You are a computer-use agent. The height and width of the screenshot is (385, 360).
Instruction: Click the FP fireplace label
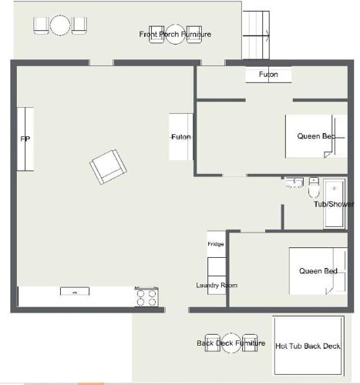click(x=25, y=139)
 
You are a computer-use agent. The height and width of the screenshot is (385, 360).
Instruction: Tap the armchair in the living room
click(x=108, y=167)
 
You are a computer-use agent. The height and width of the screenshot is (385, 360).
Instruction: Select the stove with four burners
click(x=146, y=296)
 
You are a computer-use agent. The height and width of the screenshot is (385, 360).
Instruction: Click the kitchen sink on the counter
click(x=75, y=291)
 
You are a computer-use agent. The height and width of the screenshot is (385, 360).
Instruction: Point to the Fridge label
click(x=216, y=244)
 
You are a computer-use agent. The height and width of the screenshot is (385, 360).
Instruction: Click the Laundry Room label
click(x=217, y=285)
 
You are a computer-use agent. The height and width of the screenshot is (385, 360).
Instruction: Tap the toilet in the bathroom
click(x=314, y=187)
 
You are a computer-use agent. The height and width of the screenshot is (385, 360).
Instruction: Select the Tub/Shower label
click(x=334, y=204)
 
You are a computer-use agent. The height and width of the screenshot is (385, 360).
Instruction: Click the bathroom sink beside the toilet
click(x=294, y=183)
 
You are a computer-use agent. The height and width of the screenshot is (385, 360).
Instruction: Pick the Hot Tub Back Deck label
click(x=308, y=346)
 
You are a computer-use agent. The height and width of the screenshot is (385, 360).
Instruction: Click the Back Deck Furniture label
click(x=231, y=343)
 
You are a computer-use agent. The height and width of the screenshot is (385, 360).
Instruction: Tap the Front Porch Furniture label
click(x=175, y=34)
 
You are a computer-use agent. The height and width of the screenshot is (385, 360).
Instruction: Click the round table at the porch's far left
click(x=60, y=25)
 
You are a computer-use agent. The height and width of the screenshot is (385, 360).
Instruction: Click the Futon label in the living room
click(x=181, y=137)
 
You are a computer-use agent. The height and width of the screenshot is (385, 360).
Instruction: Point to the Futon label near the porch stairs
click(x=268, y=75)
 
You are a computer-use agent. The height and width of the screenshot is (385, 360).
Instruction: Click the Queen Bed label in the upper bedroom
click(x=316, y=136)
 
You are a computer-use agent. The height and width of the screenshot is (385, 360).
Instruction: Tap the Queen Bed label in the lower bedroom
click(x=318, y=271)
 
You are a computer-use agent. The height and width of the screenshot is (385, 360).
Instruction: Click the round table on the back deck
click(x=231, y=343)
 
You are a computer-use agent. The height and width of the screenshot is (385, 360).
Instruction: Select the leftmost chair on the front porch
click(x=41, y=25)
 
